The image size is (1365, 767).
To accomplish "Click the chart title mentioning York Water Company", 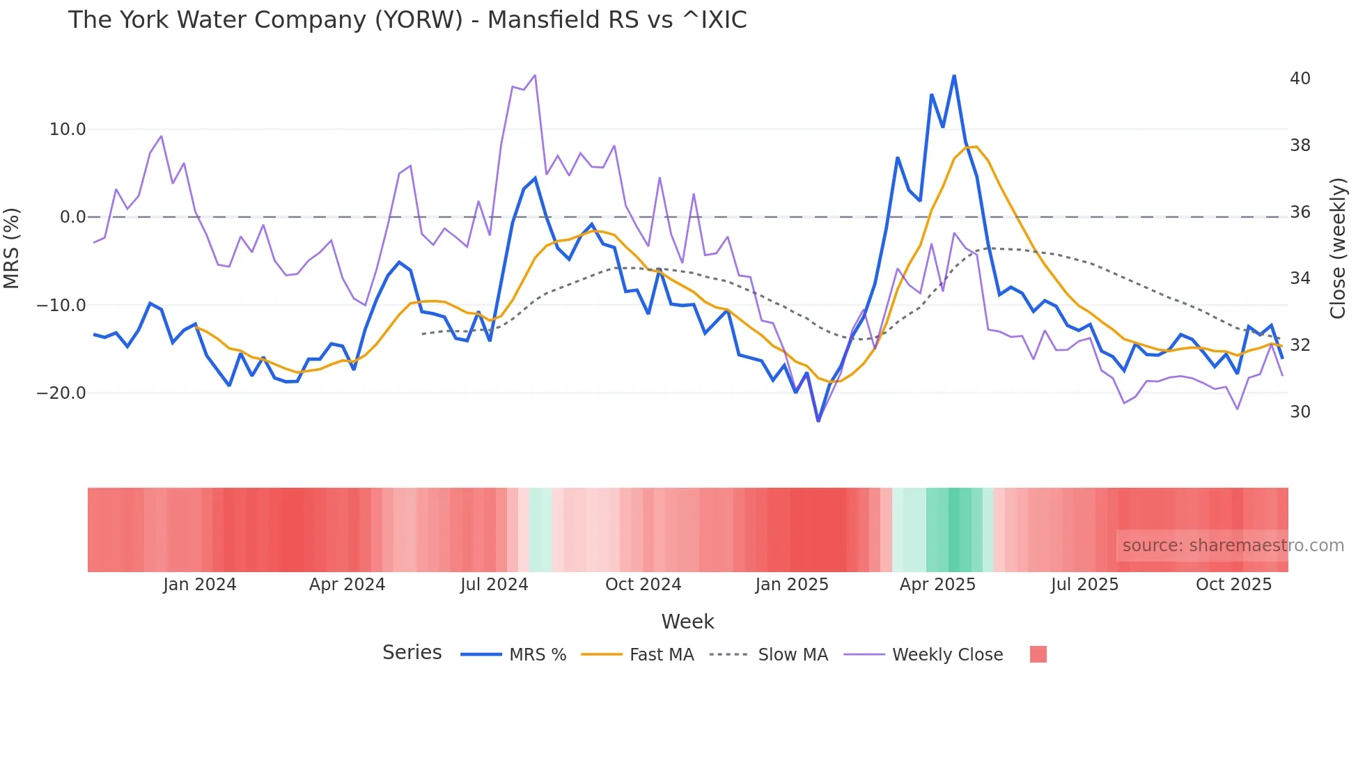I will pos(407,19).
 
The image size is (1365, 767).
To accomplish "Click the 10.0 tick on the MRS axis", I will pos(68,129).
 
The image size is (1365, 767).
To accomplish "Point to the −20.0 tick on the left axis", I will pos(61,393).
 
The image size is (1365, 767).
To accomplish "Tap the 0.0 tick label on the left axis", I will pos(72,217).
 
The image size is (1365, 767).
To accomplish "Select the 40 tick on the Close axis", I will pos(1300,79).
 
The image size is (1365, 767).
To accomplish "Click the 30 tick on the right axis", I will pos(1300,412).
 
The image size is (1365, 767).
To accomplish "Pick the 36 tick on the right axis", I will pos(1300,212).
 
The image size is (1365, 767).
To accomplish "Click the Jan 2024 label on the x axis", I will pos(200,585).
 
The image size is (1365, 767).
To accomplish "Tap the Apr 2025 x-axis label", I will pos(937,585).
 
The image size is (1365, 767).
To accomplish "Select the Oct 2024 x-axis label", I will pos(643,585).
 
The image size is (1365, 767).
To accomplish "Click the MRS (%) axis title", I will pos(12,248).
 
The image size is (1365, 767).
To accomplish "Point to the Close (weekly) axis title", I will pos(1337,248).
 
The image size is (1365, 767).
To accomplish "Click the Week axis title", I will pos(687,622).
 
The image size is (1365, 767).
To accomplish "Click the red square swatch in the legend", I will pos(1038,654).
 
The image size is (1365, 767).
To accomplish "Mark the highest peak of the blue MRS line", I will pos(954,75).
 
